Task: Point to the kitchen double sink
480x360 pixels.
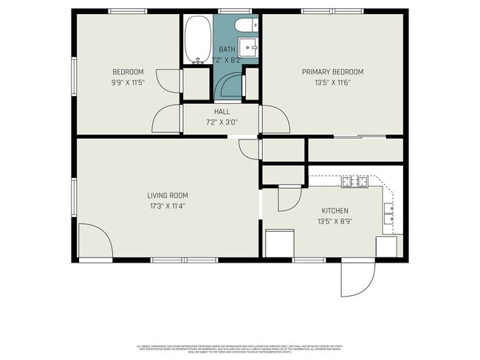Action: pyautogui.click(x=388, y=215)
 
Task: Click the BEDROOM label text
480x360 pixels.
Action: pyautogui.click(x=127, y=72)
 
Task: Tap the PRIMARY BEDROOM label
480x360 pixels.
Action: pyautogui.click(x=332, y=72)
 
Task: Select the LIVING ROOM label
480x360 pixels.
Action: pyautogui.click(x=168, y=195)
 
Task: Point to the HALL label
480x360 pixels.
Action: pyautogui.click(x=222, y=111)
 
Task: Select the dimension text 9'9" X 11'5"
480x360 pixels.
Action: pyautogui.click(x=127, y=82)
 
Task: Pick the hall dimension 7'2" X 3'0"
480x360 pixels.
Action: pyautogui.click(x=222, y=122)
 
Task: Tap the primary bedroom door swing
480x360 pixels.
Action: pyautogui.click(x=272, y=120)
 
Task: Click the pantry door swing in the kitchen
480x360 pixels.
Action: pyautogui.click(x=288, y=198)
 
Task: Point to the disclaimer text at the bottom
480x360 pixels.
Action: pyautogui.click(x=240, y=349)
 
